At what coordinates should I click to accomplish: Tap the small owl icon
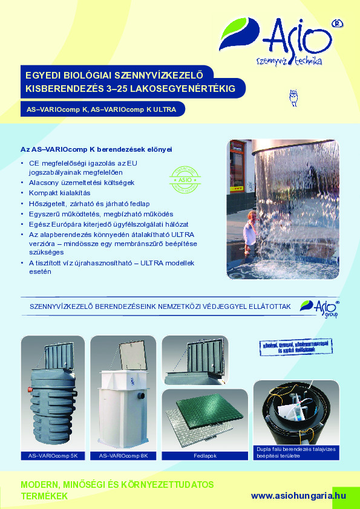(295, 97)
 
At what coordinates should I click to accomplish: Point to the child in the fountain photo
(249, 230)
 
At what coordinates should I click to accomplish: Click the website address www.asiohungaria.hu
(298, 495)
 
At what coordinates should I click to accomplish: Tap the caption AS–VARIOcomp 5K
(53, 455)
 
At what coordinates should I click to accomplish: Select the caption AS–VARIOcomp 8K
(123, 455)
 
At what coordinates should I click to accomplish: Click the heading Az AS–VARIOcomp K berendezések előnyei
(97, 149)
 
